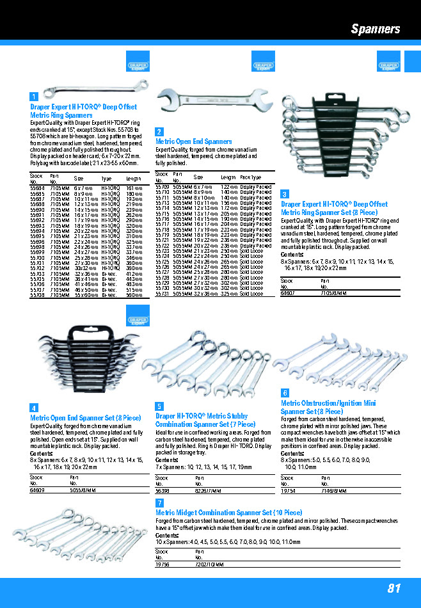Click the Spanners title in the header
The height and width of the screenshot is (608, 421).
(376, 29)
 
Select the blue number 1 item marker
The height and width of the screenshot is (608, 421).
(33, 97)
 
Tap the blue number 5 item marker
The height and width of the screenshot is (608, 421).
(159, 406)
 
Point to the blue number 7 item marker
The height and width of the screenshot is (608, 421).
(159, 503)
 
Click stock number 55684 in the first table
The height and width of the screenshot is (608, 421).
(38, 188)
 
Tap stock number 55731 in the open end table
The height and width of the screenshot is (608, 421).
(163, 295)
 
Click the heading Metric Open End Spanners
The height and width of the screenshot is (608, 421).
(193, 141)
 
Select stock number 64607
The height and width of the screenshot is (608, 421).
(287, 292)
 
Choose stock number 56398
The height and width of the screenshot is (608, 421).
(163, 491)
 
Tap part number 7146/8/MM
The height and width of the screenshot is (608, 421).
(333, 491)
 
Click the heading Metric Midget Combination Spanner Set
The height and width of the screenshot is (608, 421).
(228, 513)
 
